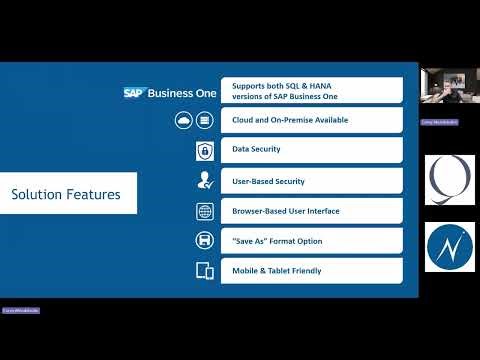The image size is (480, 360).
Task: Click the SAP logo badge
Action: [135, 92]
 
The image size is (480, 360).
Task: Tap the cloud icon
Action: [184, 121]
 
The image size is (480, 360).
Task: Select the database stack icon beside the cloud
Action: [205, 121]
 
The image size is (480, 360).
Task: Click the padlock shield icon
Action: [205, 151]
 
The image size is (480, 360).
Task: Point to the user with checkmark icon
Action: [205, 181]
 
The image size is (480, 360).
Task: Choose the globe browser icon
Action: [205, 211]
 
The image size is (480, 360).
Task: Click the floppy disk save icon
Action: [205, 241]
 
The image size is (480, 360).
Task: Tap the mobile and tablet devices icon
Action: [205, 271]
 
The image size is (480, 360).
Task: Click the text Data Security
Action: [256, 150]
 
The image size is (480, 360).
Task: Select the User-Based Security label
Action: [268, 181]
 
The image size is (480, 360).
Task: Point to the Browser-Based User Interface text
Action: [285, 211]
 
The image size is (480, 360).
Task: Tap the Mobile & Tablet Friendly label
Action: [277, 270]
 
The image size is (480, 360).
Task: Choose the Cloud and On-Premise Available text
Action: [289, 121]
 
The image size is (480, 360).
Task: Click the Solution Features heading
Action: [66, 194]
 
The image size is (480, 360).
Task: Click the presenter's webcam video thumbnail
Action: [447, 92]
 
